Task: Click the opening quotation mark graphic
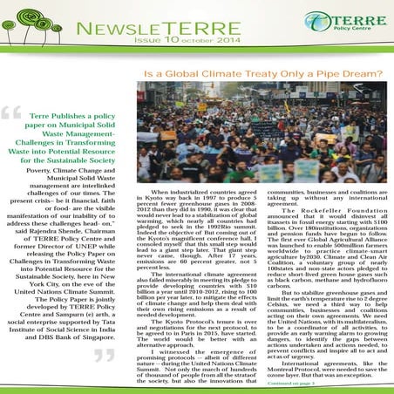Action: tap(10, 113)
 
